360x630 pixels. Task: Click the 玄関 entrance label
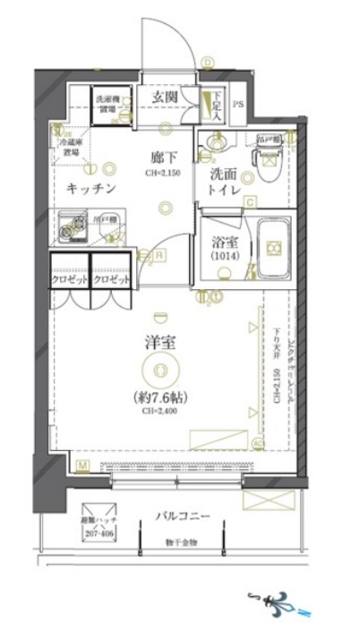[x=163, y=97]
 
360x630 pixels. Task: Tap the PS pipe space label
[x=237, y=104]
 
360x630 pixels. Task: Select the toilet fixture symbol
[x=268, y=159]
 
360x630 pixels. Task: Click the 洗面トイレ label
[x=223, y=183]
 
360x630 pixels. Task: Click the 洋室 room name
[x=158, y=340]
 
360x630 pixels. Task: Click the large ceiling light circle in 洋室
[x=159, y=368]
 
